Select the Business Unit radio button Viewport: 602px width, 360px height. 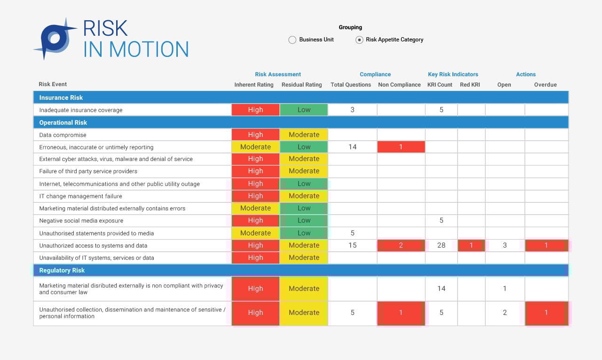pyautogui.click(x=292, y=40)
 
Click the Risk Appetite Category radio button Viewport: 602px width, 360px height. pyautogui.click(x=359, y=40)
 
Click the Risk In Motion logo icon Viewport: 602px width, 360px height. pyautogui.click(x=55, y=39)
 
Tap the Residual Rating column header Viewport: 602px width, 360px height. pyautogui.click(x=301, y=85)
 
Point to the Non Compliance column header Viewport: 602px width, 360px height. pyautogui.click(x=399, y=85)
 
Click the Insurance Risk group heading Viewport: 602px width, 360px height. pyautogui.click(x=61, y=97)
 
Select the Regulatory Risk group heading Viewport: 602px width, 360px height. pyautogui.click(x=62, y=270)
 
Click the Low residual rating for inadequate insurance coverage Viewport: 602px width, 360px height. pyautogui.click(x=304, y=110)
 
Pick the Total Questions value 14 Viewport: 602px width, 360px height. pyautogui.click(x=352, y=147)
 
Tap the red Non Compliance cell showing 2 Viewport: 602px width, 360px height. pyautogui.click(x=401, y=245)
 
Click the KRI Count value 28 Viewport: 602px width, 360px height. pyautogui.click(x=441, y=245)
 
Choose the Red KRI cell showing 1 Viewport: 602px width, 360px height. pyautogui.click(x=471, y=245)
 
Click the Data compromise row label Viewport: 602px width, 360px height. pyautogui.click(x=63, y=135)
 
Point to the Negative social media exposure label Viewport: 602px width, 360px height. pyautogui.click(x=81, y=221)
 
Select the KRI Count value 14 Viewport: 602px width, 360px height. pyautogui.click(x=441, y=288)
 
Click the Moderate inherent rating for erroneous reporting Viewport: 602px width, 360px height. pyautogui.click(x=255, y=147)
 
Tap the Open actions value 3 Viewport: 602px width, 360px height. pyautogui.click(x=505, y=245)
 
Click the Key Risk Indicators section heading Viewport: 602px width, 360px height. pyautogui.click(x=453, y=74)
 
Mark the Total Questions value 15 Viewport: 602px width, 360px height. pyautogui.click(x=352, y=245)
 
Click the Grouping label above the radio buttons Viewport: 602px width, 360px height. pyautogui.click(x=350, y=27)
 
